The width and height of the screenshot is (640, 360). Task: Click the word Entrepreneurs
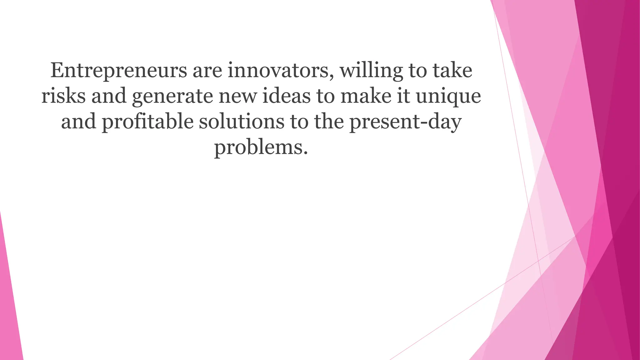119,71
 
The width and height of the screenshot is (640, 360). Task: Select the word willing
371,71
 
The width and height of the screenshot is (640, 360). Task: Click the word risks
63,96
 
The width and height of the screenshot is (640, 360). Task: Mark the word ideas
286,96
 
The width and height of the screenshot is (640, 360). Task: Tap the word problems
258,148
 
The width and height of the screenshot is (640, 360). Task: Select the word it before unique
403,96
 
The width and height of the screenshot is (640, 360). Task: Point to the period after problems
305,153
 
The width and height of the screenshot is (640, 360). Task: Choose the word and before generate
109,96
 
